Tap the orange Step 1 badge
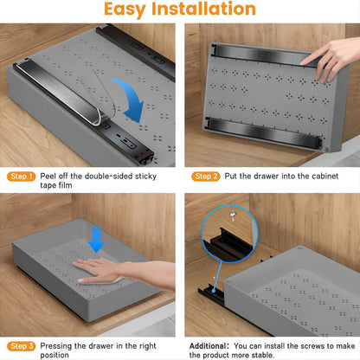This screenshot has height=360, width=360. point(21,176)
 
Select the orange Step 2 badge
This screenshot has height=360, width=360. point(206,176)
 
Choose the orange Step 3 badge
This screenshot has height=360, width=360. point(21,345)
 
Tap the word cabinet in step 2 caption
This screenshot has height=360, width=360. point(318,176)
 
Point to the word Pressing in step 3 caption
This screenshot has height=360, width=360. point(60,345)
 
